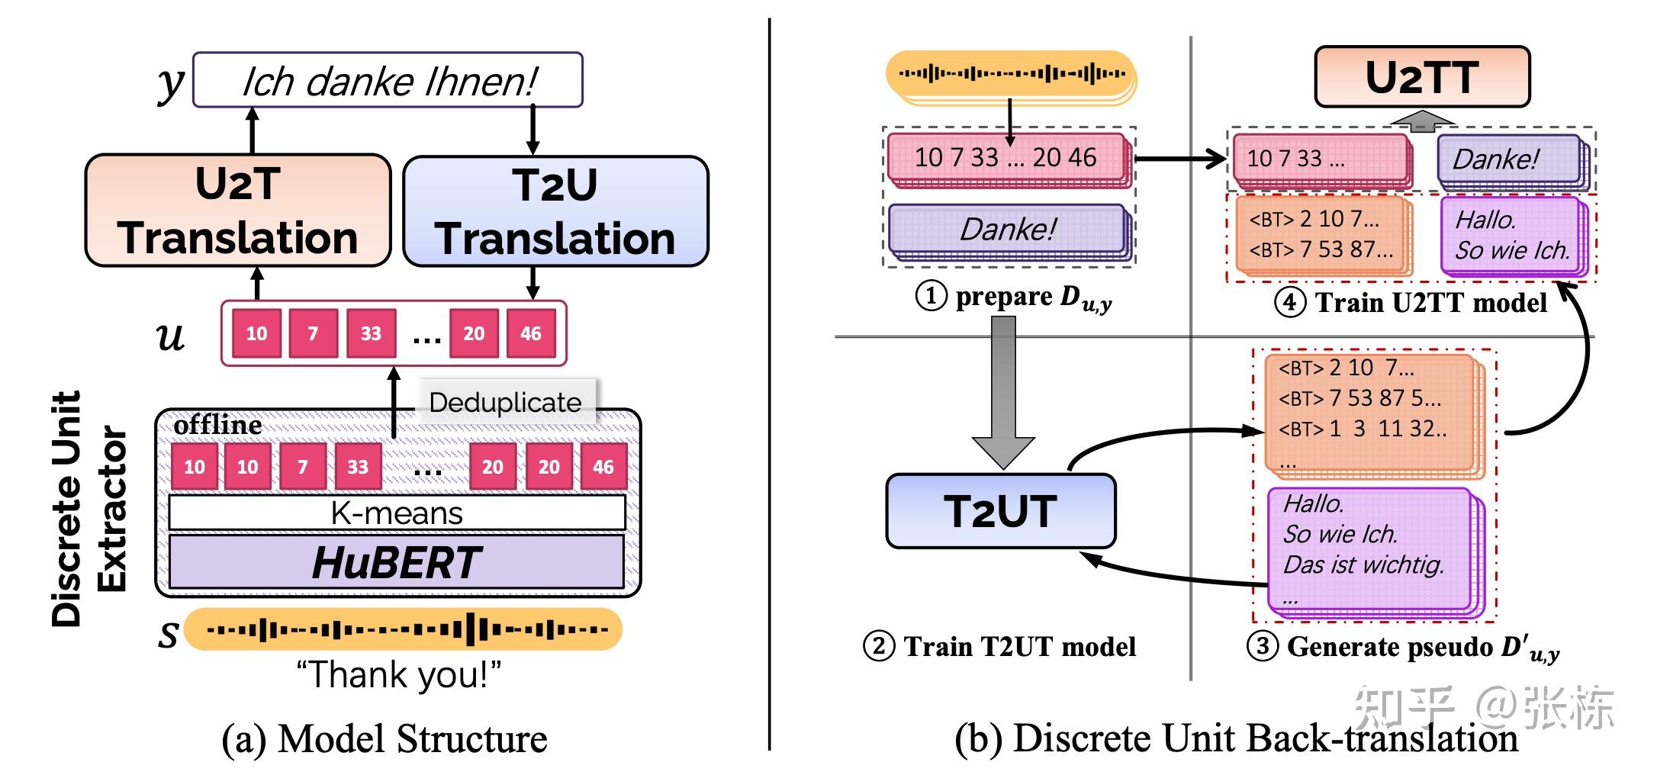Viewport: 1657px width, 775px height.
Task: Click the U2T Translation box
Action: click(x=237, y=211)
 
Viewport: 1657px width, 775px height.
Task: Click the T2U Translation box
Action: click(x=555, y=211)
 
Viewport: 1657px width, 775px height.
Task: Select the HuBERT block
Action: click(x=396, y=562)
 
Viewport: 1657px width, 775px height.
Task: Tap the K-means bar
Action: click(x=396, y=513)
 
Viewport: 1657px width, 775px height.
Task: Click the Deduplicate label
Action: click(x=505, y=402)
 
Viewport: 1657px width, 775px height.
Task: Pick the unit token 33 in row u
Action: click(x=371, y=333)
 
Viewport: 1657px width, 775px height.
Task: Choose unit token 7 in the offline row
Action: click(x=303, y=467)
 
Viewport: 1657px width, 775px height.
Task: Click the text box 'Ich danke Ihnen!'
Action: click(x=388, y=80)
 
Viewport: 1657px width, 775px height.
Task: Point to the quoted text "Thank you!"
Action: click(x=398, y=675)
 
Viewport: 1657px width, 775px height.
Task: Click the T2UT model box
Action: click(x=1000, y=511)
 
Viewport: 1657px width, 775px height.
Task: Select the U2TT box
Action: click(x=1422, y=77)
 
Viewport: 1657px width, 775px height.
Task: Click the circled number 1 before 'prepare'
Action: click(x=931, y=296)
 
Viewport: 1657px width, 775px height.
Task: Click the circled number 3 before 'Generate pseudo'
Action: click(x=1262, y=647)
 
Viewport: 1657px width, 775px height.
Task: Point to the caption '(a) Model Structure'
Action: click(x=384, y=738)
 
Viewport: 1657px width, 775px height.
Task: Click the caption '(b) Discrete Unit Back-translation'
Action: click(x=1236, y=738)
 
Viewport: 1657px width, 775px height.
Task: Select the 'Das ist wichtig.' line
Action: click(x=1363, y=564)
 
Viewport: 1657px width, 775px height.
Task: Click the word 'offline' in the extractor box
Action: click(x=217, y=425)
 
